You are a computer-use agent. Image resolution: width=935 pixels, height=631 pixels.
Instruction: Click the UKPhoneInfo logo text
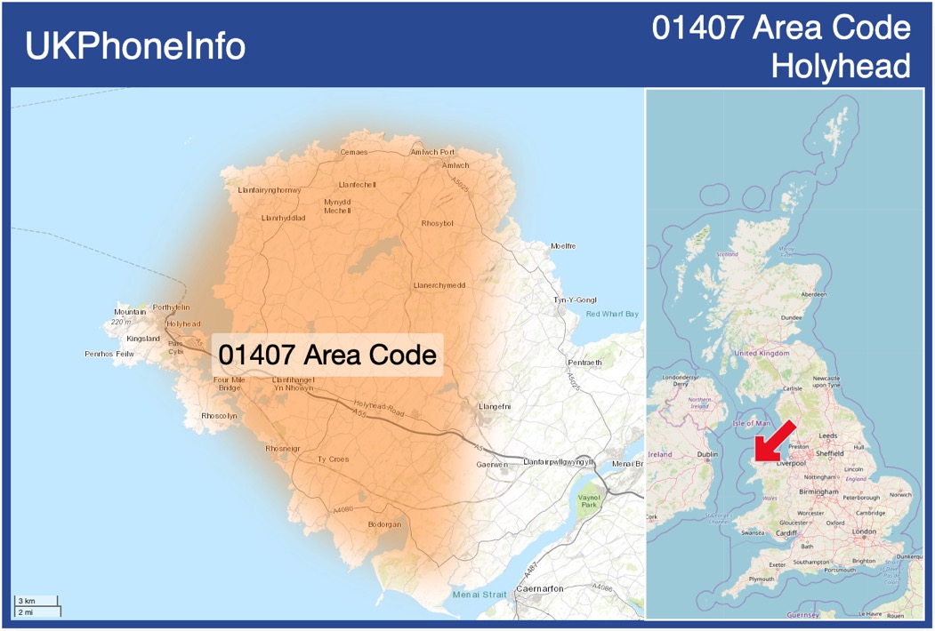coord(135,46)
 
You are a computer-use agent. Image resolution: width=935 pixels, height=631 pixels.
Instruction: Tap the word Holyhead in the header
coord(841,66)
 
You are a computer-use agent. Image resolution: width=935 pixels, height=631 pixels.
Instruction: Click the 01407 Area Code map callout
coord(327,355)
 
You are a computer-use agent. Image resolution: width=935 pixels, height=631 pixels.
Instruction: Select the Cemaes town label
coord(353,152)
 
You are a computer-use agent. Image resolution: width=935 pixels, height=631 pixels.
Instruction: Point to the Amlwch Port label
coord(432,152)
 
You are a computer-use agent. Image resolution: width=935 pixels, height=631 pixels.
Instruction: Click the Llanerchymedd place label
coord(439,285)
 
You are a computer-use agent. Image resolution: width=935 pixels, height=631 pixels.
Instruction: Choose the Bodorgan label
coord(384,524)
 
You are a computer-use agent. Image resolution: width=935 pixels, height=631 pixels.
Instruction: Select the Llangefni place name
coord(495,406)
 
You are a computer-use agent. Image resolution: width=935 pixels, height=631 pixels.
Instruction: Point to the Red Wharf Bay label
coord(612,314)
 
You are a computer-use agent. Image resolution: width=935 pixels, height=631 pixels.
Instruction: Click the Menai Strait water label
coord(479,595)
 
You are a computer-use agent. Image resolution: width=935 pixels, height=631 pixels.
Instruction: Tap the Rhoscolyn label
coord(219,416)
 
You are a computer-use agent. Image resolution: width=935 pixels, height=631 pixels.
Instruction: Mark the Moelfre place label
coord(563,246)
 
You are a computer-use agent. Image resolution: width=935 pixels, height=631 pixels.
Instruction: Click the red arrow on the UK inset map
coord(770,441)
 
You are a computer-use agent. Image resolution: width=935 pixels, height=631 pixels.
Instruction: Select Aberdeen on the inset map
coord(813,294)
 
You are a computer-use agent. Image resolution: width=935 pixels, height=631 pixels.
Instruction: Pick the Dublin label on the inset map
coord(707,455)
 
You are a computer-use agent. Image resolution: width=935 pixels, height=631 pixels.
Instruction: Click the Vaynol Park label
coord(589,500)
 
